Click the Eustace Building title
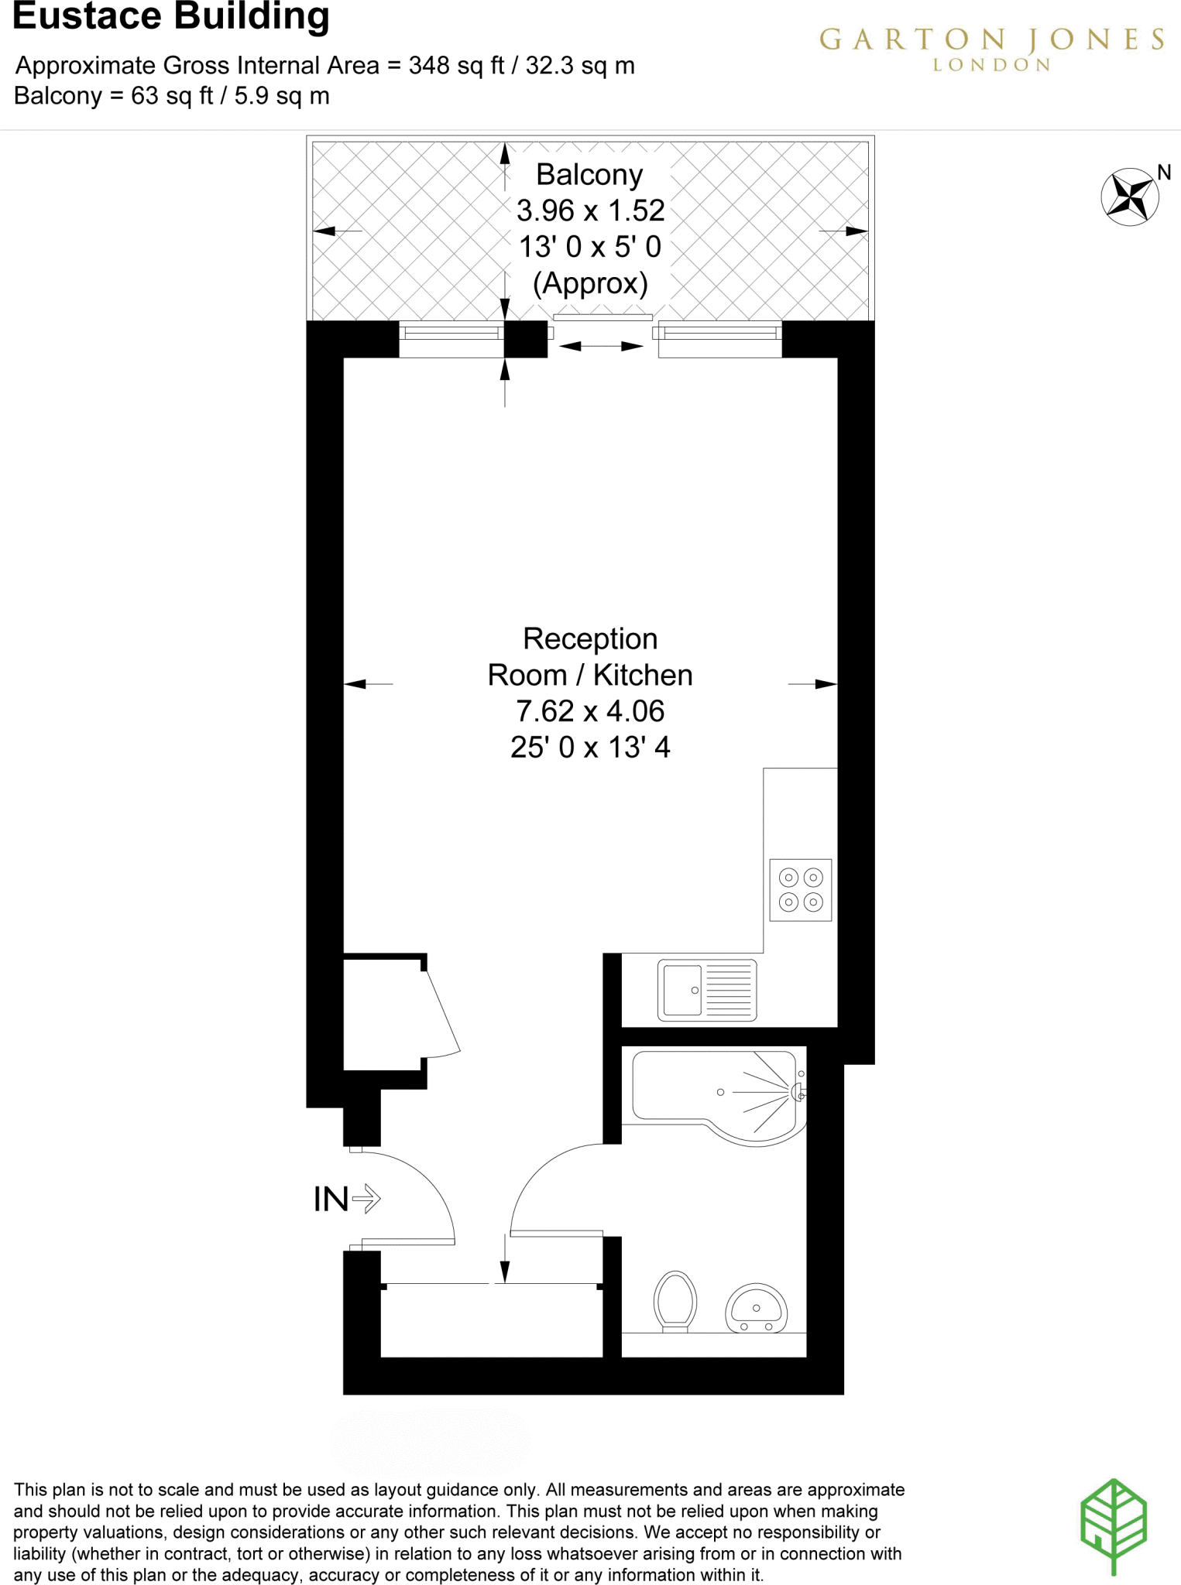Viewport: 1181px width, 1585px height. point(171,17)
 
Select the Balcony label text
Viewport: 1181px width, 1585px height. point(589,175)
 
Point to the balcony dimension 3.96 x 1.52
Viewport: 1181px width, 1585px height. point(590,211)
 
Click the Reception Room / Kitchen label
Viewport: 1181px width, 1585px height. point(590,657)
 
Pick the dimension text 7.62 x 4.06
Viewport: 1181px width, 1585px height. point(590,710)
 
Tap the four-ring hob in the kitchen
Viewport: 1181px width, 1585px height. point(801,889)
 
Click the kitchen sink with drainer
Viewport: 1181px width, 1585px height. point(707,990)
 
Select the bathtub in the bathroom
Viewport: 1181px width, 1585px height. point(716,1092)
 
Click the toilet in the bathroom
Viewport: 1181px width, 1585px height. point(675,1300)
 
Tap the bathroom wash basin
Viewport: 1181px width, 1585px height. point(756,1309)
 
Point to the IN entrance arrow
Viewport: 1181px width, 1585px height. point(366,1199)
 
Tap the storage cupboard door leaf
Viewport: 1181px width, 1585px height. point(443,1012)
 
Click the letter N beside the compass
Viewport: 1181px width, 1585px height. point(1164,172)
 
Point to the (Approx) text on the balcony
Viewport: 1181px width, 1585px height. point(590,283)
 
